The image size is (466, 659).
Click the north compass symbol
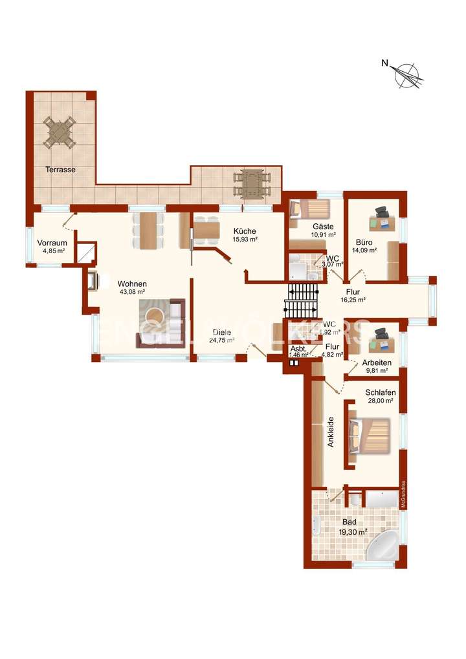pos(408,74)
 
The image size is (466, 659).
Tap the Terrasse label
pos(60,170)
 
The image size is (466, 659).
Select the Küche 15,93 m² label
pos(245,235)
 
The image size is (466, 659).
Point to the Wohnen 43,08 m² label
pos(132,287)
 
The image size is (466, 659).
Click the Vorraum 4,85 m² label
pos(52,247)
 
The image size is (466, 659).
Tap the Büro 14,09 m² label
pos(364,245)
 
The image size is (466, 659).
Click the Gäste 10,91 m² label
pos(322,230)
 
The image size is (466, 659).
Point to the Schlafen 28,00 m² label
pos(380,396)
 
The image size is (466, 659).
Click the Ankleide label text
pos(331,432)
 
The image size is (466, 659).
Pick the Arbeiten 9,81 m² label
pos(376,366)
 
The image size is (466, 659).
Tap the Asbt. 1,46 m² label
pos(298,351)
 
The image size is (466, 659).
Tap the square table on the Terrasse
pos(60,131)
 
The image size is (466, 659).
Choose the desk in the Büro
pos(382,222)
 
